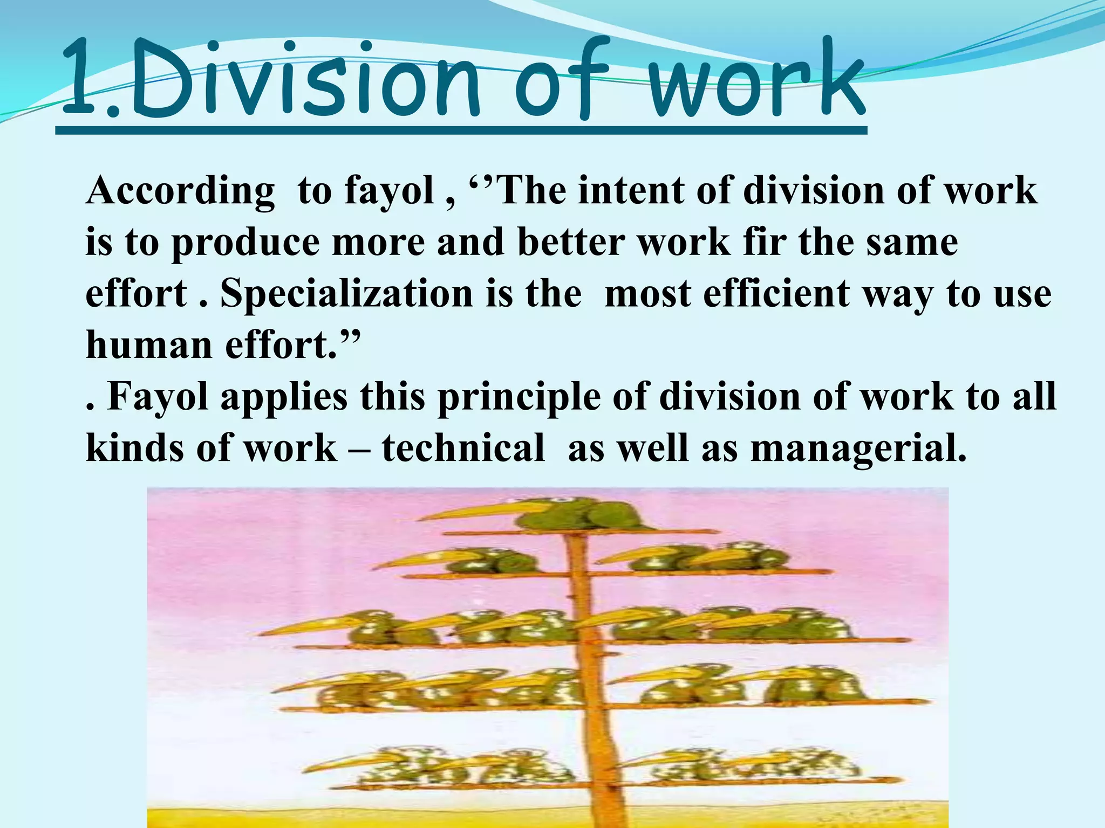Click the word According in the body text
click(180, 192)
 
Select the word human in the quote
click(149, 345)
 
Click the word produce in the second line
click(246, 243)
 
